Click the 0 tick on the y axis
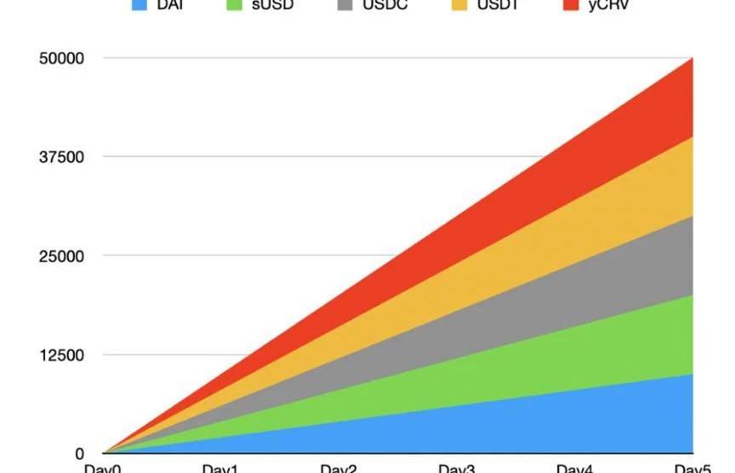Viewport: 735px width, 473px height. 80,453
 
